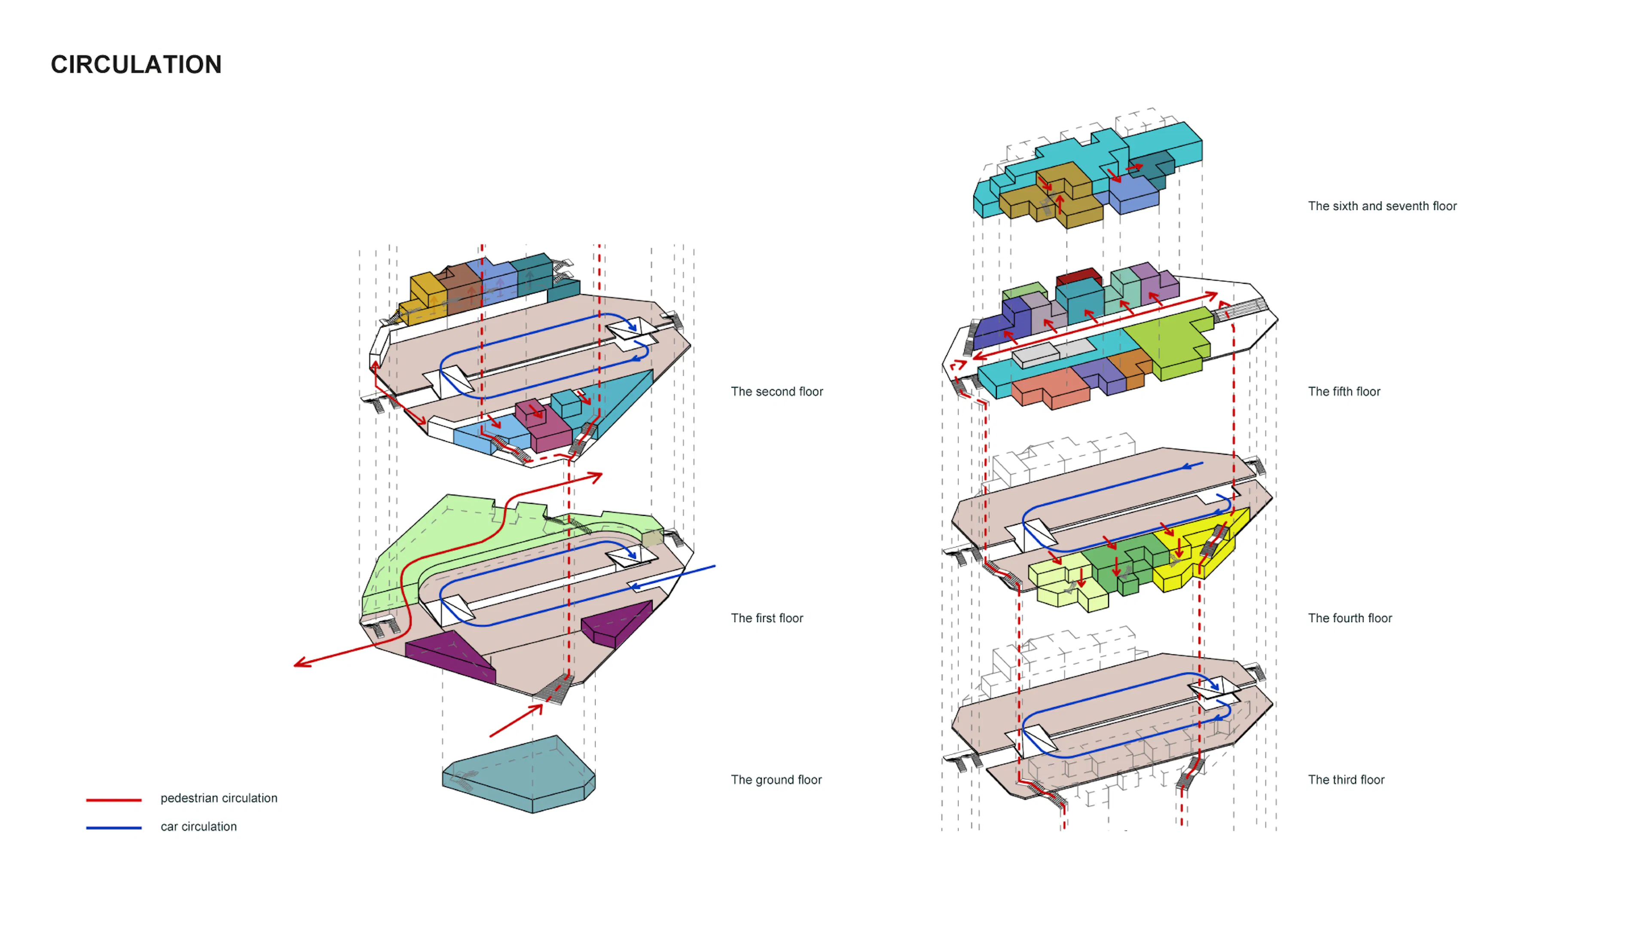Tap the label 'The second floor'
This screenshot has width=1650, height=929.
(776, 392)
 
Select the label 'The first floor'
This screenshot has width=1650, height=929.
(767, 618)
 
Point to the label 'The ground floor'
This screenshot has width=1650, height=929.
(776, 780)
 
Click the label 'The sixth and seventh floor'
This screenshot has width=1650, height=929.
(1381, 206)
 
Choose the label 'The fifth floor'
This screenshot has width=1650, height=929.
(1343, 392)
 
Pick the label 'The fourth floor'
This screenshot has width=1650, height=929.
(1350, 618)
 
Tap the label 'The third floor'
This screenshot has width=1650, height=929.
(1346, 780)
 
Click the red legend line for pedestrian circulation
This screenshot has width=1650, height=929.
(113, 800)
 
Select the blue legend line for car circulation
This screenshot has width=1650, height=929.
(113, 828)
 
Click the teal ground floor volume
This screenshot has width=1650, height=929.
(519, 775)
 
